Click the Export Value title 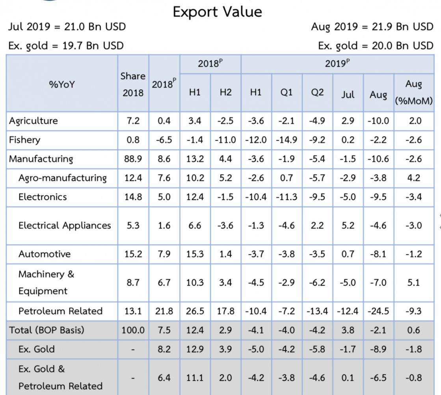217,12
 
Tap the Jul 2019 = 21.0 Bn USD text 67,27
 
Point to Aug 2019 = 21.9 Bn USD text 372,27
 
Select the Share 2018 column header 133,84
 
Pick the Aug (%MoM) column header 413,92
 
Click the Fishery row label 25,140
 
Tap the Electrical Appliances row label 65,226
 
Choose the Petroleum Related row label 60,311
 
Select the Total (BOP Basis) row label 47,330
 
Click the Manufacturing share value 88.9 133,159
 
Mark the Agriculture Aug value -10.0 378,121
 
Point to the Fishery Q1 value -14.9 287,140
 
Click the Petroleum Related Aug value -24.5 378,311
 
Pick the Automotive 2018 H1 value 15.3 195,254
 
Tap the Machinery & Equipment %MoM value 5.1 413,283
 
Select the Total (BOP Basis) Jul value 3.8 348,330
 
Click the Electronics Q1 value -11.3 287,197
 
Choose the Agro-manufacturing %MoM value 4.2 413,178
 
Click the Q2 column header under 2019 317,92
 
